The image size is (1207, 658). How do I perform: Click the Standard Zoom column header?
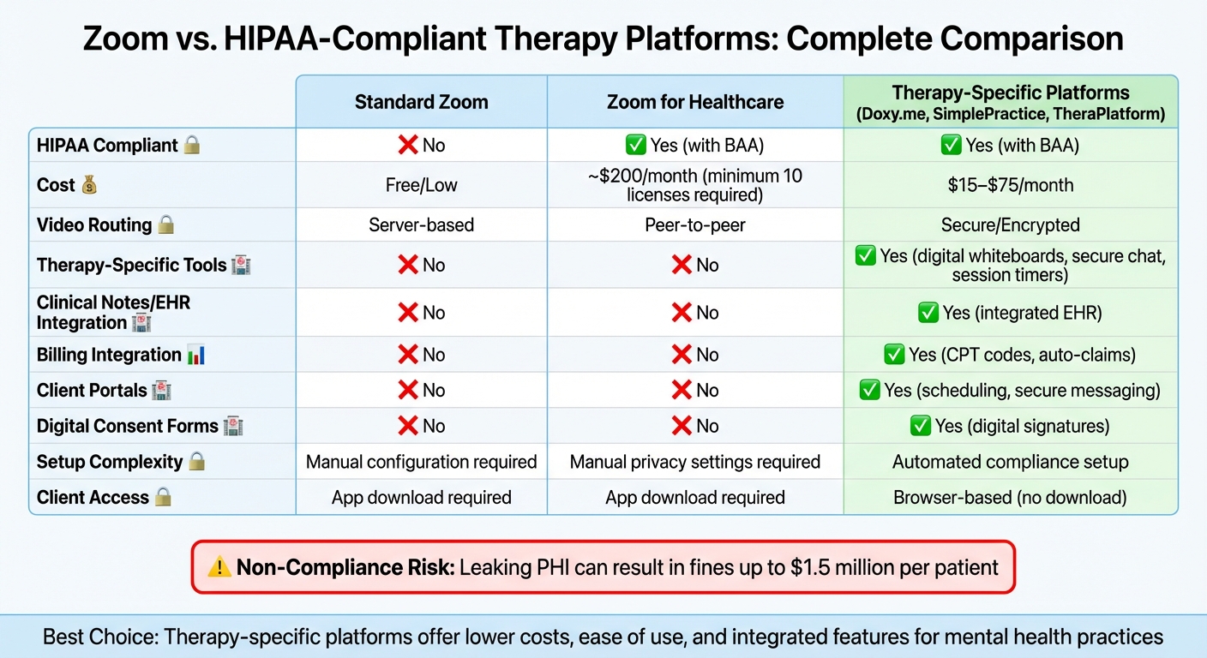point(421,102)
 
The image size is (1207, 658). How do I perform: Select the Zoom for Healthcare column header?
point(695,102)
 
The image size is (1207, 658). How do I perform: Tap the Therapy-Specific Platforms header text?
point(1011,93)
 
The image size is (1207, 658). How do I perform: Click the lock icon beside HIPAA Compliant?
point(192,145)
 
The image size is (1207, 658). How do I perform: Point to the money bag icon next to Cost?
point(89,185)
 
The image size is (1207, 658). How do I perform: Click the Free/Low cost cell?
point(421,185)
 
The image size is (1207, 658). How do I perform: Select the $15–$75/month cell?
point(1011,185)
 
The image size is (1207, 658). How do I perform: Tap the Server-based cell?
point(421,224)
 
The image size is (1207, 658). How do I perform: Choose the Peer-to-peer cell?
point(695,224)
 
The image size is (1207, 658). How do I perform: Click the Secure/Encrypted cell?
point(1011,224)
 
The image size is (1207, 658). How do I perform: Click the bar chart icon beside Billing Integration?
point(196,355)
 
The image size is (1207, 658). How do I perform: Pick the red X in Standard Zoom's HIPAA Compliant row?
point(408,145)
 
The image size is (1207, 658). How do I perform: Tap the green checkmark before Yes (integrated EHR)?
point(928,313)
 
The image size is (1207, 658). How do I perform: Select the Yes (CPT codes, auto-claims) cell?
point(1010,355)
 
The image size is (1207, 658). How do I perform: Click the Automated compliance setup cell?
point(1011,462)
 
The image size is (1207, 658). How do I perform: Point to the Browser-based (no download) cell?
point(1011,498)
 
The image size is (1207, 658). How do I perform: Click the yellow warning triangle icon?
point(219,567)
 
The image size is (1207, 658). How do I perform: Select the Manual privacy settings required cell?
point(695,462)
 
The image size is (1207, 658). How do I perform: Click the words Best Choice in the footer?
point(100,637)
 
